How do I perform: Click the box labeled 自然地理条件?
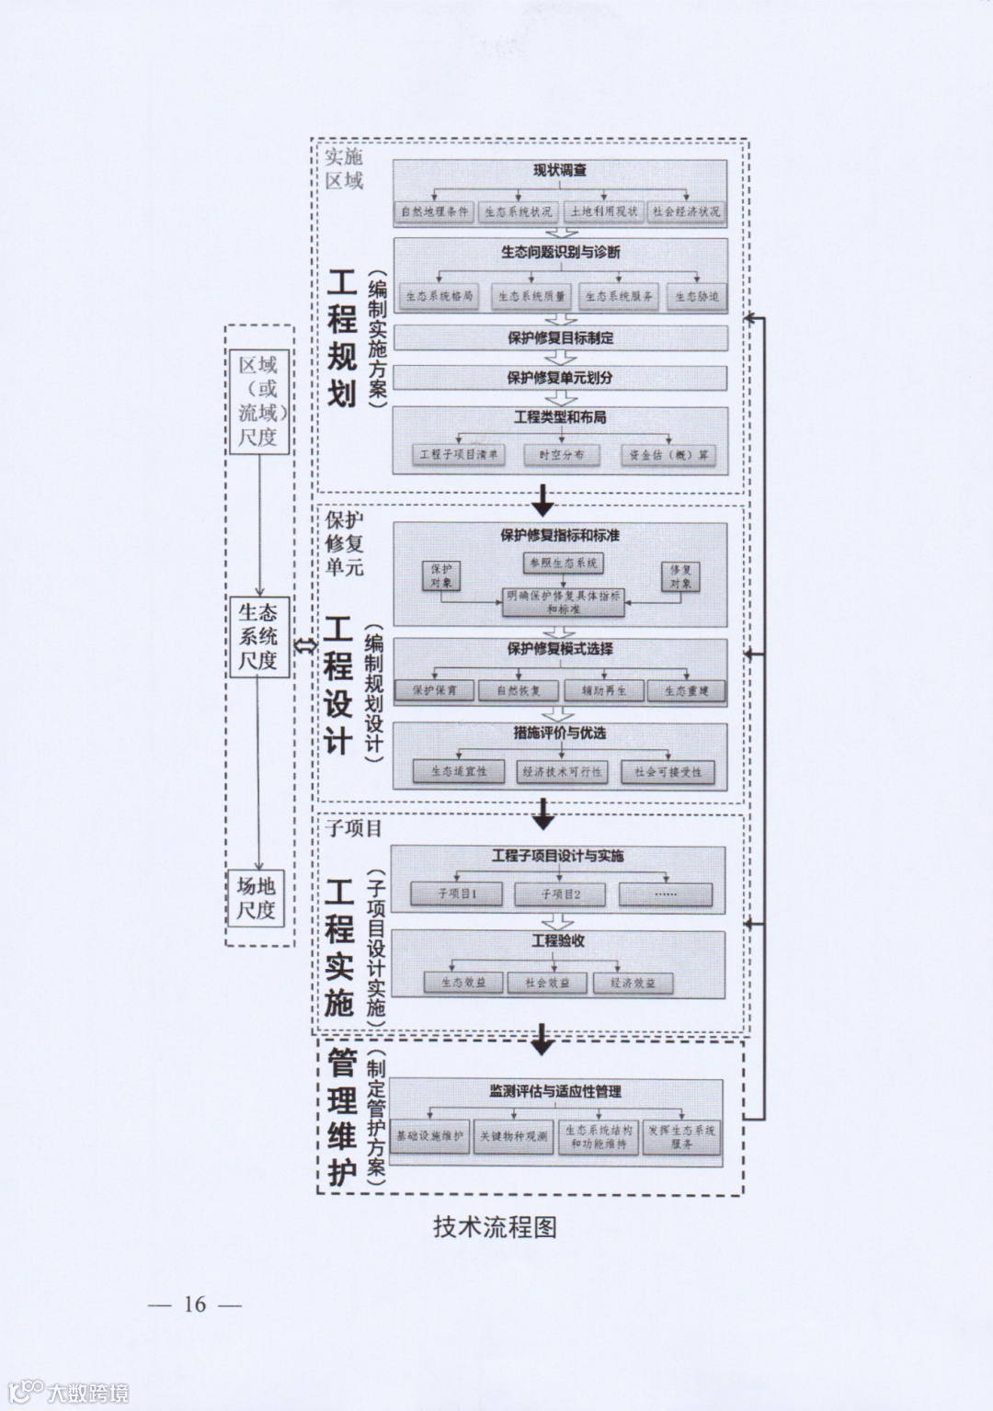pos(434,211)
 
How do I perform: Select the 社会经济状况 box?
pos(686,211)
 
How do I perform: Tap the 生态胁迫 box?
pos(696,297)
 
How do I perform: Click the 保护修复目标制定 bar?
pos(560,337)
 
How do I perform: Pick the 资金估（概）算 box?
pos(668,455)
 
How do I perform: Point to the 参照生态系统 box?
pos(563,563)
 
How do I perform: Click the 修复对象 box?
pos(680,576)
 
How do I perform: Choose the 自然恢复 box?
pos(519,690)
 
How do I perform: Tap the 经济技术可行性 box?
pos(562,772)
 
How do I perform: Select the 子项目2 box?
pos(560,893)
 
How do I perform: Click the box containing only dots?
pos(665,893)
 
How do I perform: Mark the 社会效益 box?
pos(548,983)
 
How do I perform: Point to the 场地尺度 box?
pos(257,898)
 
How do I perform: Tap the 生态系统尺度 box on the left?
pos(257,635)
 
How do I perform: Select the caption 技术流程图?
pos(496,1227)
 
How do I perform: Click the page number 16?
pos(195,1304)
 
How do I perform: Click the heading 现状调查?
pos(560,170)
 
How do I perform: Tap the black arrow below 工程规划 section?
pos(543,501)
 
